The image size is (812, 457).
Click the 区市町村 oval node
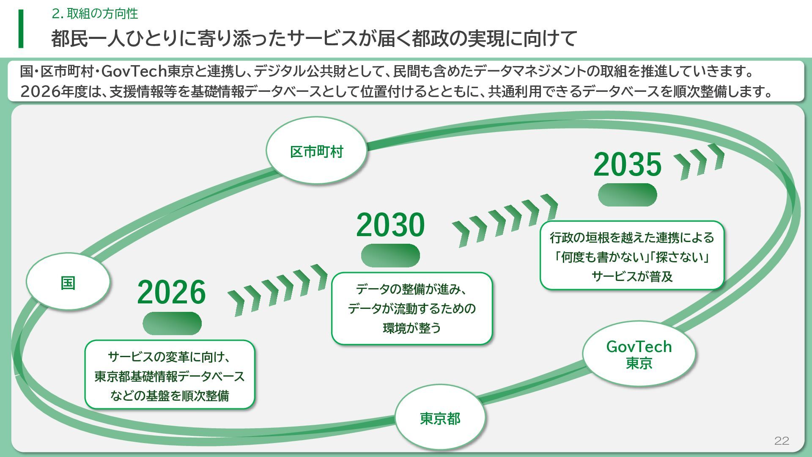tap(316, 151)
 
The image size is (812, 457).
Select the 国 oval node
tap(68, 282)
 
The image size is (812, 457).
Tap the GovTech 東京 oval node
tap(639, 354)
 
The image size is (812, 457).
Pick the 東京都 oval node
tap(440, 418)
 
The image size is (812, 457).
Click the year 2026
tap(171, 292)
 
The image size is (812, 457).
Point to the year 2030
tap(390, 225)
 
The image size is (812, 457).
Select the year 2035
tap(627, 164)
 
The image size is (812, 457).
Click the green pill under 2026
tap(172, 324)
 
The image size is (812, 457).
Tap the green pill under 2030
tap(390, 256)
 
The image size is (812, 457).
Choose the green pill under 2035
tap(627, 195)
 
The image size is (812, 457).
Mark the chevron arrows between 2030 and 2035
tap(505, 220)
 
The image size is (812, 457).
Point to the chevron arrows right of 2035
tap(699, 161)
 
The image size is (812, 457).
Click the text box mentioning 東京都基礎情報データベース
tap(170, 375)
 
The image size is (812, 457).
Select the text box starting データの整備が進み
tap(411, 308)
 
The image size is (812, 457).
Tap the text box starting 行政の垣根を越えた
tap(632, 256)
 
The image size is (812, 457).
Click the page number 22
tap(782, 441)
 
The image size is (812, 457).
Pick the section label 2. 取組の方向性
tap(95, 14)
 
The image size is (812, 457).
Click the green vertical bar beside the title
tap(21, 29)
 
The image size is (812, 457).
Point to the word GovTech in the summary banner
tap(134, 72)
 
